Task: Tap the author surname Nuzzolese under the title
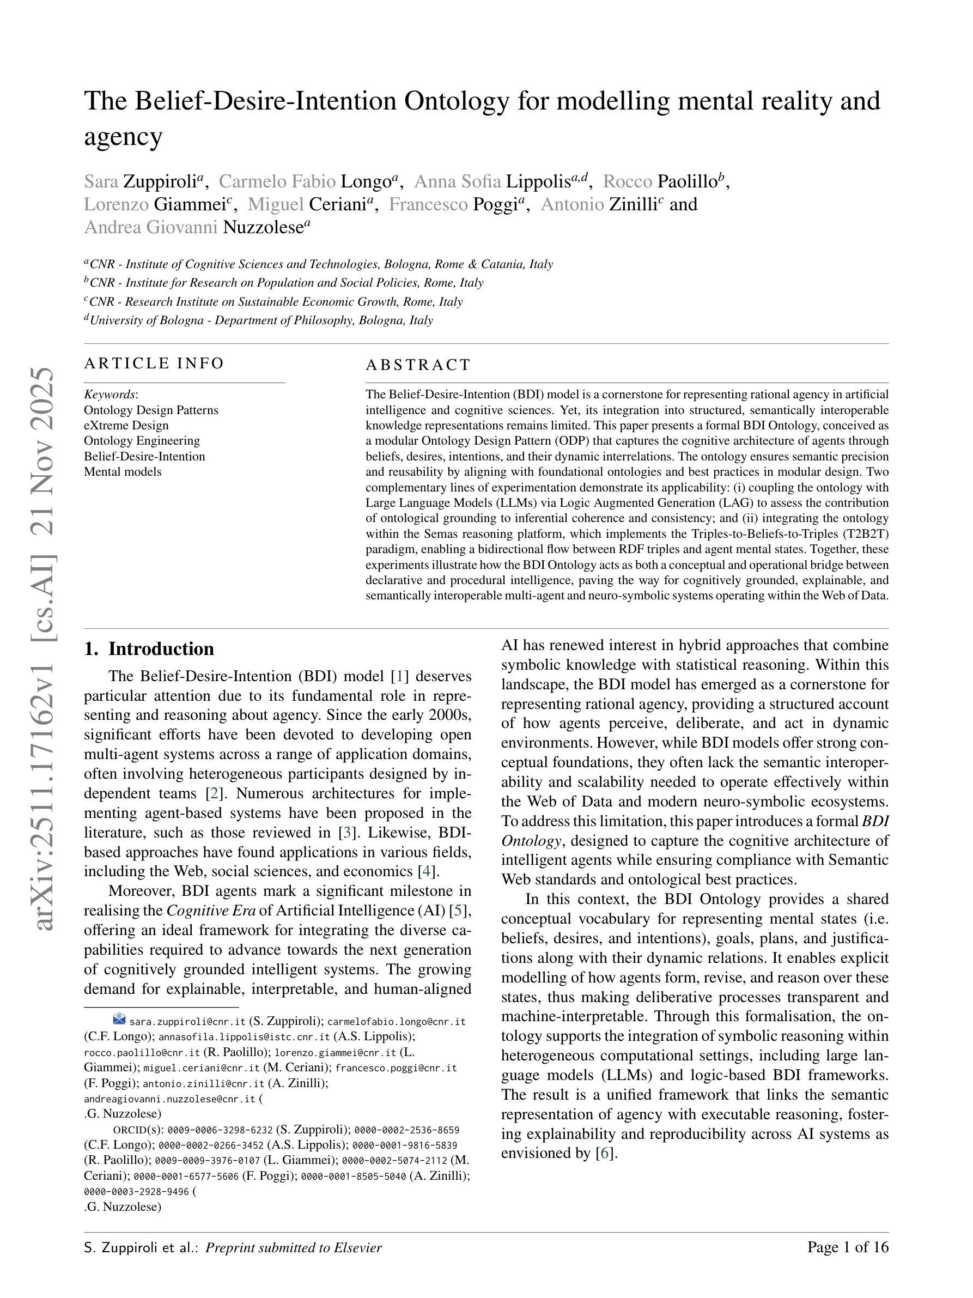pyautogui.click(x=262, y=227)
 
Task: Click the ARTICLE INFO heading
pyautogui.click(x=154, y=363)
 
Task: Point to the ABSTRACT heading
pyautogui.click(x=418, y=365)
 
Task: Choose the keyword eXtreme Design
pyautogui.click(x=126, y=426)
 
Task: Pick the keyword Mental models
pyautogui.click(x=123, y=472)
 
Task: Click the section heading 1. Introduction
pyautogui.click(x=149, y=649)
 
